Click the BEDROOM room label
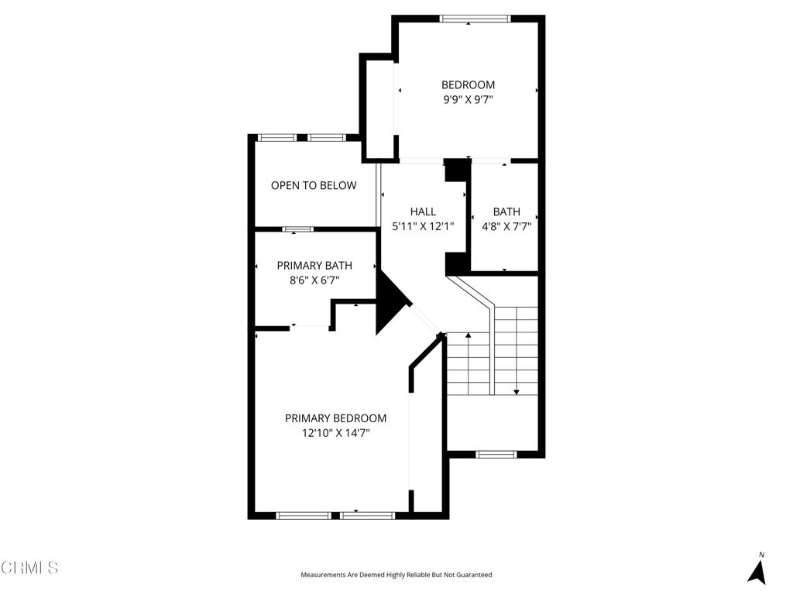[468, 84]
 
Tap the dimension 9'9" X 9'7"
[468, 99]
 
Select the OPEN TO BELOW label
[314, 185]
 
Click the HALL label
[423, 212]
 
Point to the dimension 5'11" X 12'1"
[423, 226]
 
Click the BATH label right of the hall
[506, 212]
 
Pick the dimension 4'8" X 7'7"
[506, 226]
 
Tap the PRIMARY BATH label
[314, 266]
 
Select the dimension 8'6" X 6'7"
[314, 280]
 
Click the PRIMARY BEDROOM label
[335, 418]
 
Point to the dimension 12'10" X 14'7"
[335, 434]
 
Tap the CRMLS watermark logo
[29, 568]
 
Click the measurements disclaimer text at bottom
[396, 575]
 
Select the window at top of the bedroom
[475, 19]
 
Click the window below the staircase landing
[496, 454]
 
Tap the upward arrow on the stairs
[468, 336]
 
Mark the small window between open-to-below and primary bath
[297, 229]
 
